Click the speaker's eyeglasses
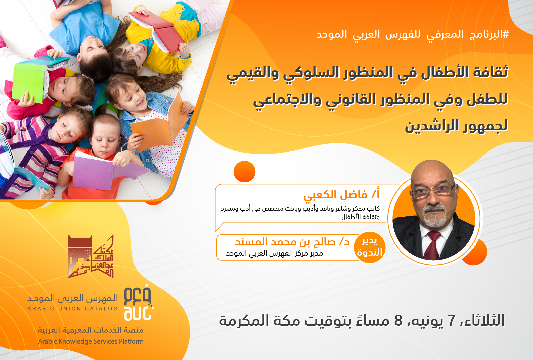point(433,192)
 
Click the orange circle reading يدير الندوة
point(369,248)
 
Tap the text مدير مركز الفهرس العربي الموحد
point(274,253)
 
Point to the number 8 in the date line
point(398,320)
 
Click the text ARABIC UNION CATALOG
point(73,309)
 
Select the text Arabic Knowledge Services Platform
point(91,341)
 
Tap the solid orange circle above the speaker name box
point(244,172)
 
